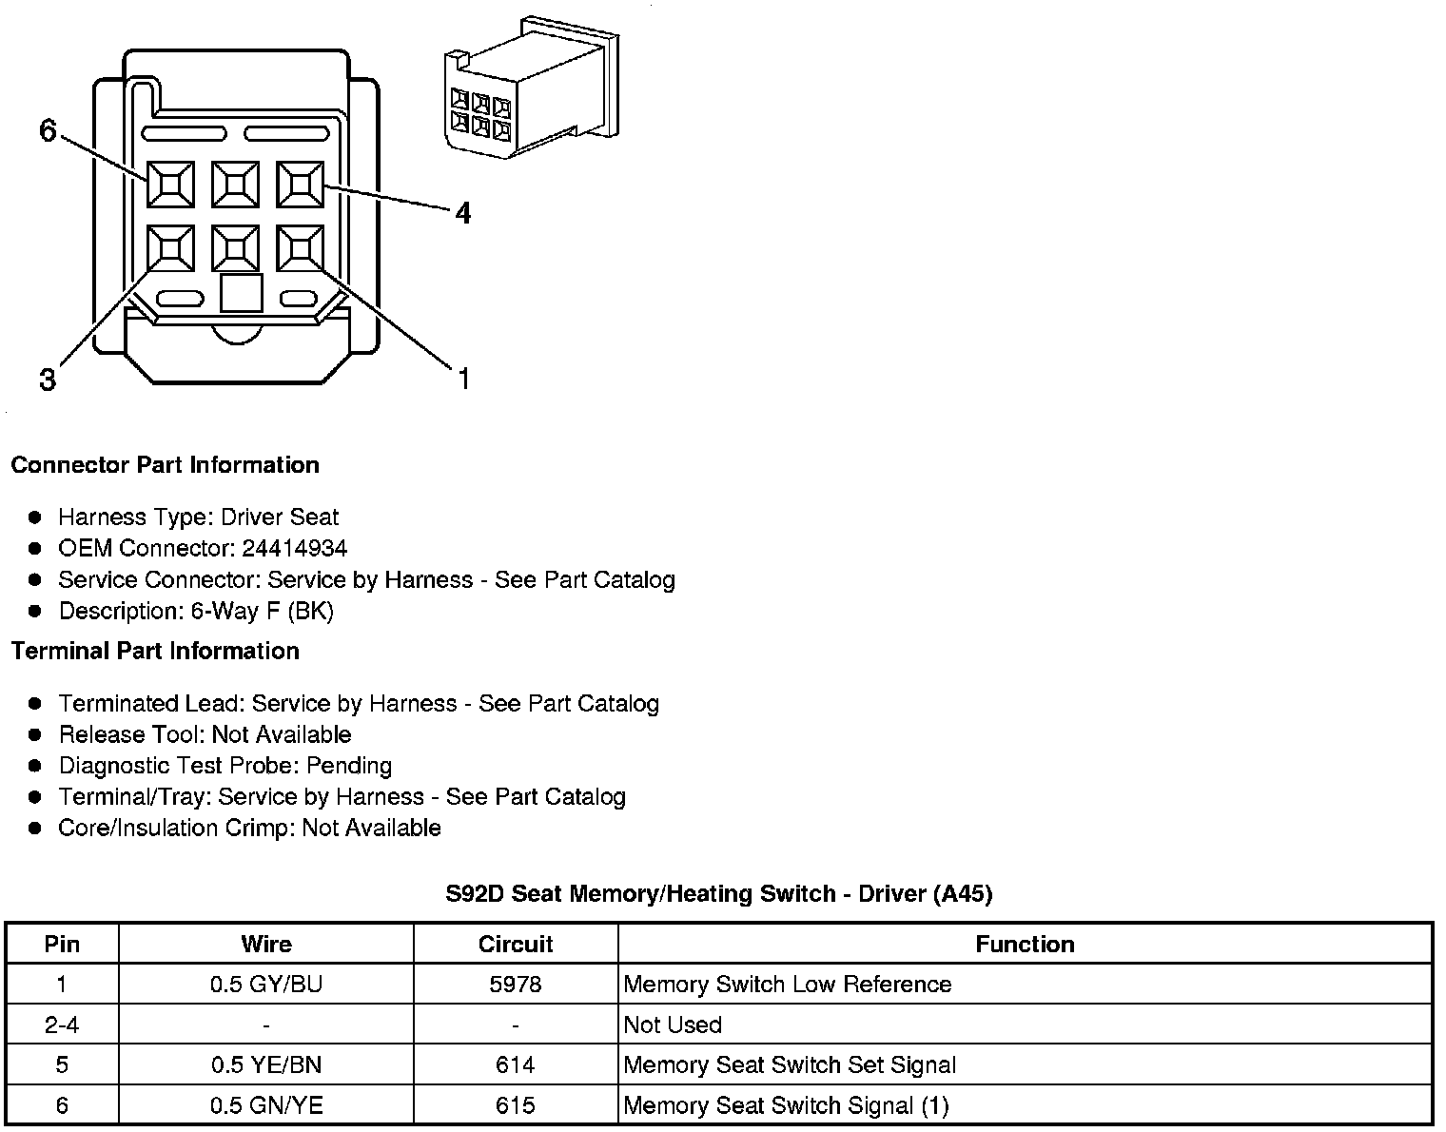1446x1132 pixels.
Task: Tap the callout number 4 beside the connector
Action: [462, 213]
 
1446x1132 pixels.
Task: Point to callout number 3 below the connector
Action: [48, 381]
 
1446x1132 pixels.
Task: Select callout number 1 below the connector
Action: [463, 380]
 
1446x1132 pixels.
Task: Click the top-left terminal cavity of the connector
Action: [170, 185]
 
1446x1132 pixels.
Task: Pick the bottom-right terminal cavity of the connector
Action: [300, 249]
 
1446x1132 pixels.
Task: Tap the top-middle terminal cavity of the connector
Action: [235, 185]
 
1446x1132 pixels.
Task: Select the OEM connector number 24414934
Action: [295, 548]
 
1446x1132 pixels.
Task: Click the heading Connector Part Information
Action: [165, 465]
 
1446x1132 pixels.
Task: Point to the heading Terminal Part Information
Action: [155, 651]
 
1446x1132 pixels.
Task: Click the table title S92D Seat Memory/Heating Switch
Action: [718, 893]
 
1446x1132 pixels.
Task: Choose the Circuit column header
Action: [516, 944]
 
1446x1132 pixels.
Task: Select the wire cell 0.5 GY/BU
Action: [266, 984]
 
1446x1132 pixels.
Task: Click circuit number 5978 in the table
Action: [516, 984]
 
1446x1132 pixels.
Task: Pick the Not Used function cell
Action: [673, 1025]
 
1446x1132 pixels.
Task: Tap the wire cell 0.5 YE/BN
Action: [266, 1064]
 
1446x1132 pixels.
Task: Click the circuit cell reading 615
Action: [516, 1105]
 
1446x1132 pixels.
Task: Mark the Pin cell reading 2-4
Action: [62, 1025]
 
